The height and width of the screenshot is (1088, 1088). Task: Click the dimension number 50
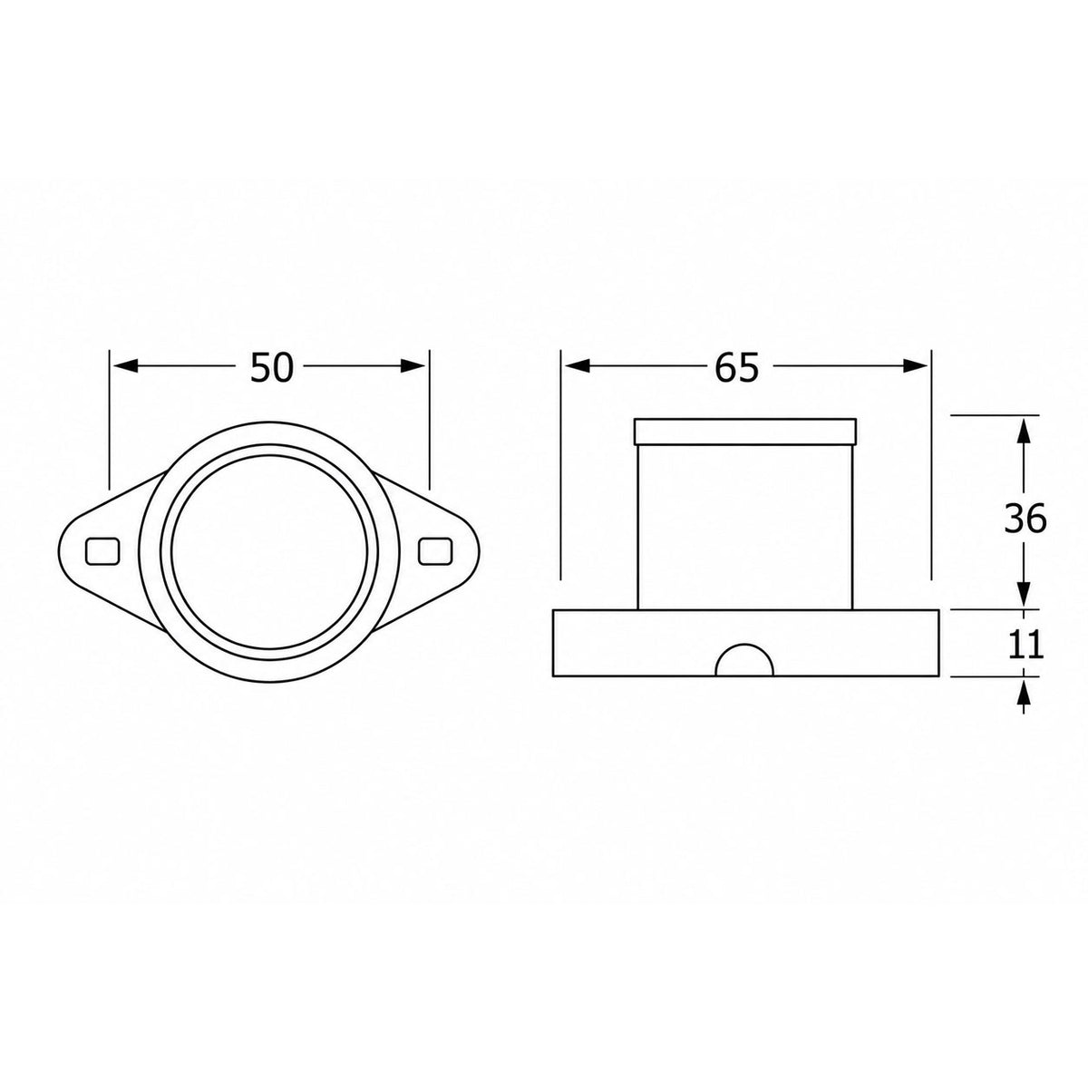(272, 367)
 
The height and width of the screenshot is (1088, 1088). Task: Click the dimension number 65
(737, 367)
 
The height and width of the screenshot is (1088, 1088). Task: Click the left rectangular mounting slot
(102, 551)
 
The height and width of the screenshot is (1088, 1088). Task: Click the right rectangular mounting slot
(435, 551)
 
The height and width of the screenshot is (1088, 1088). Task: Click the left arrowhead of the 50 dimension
(125, 366)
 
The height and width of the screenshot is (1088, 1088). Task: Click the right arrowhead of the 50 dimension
(413, 366)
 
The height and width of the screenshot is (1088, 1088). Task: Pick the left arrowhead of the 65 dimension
(577, 366)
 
